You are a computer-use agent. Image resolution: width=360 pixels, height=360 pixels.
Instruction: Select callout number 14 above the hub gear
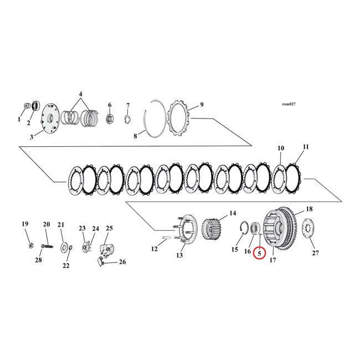(x=233, y=213)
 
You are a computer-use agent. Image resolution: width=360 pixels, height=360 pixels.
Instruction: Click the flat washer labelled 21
(x=64, y=246)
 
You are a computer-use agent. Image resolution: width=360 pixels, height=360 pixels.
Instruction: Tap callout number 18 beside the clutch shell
(x=309, y=209)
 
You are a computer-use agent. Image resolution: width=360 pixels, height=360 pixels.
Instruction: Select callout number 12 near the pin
(x=155, y=249)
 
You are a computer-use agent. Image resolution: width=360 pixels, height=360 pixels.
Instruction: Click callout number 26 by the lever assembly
(x=122, y=262)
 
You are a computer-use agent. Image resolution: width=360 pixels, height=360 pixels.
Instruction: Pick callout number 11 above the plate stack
(x=305, y=147)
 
